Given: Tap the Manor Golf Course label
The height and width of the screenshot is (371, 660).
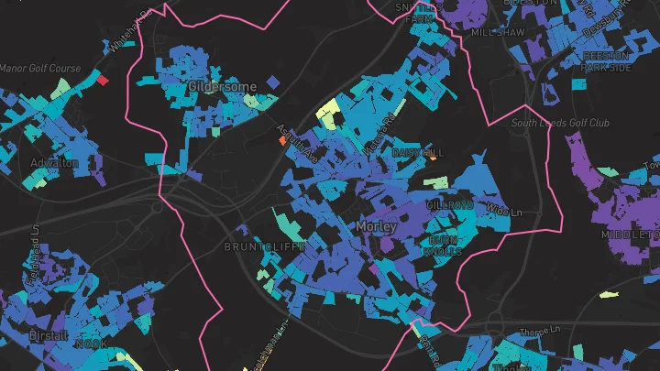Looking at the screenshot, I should [40, 69].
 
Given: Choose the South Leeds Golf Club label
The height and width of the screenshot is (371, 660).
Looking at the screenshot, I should [560, 123].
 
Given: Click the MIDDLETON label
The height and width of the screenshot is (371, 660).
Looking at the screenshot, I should [631, 235].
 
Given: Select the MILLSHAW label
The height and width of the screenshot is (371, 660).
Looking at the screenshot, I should [498, 31].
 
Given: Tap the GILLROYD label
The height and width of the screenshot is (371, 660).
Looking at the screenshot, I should [449, 206].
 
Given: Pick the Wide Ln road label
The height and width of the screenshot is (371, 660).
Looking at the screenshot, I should [498, 212].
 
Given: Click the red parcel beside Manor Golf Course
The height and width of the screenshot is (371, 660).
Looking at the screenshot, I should [103, 81].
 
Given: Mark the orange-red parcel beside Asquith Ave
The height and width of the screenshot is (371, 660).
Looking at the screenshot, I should [282, 141].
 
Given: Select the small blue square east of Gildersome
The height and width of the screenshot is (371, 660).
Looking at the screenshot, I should [272, 83].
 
